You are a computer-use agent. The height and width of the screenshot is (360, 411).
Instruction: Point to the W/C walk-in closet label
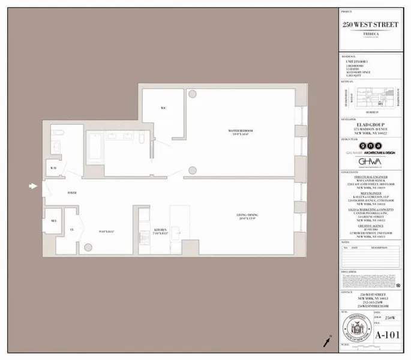pyautogui.click(x=163, y=108)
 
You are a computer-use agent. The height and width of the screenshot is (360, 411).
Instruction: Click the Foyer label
pyautogui.click(x=72, y=193)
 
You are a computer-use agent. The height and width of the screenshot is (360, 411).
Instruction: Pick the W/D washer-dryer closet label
pyautogui.click(x=53, y=168)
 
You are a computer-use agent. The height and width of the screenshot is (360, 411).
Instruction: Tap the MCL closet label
pyautogui.click(x=53, y=220)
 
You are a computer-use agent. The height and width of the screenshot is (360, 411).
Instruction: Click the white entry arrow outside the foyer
pyautogui.click(x=33, y=187)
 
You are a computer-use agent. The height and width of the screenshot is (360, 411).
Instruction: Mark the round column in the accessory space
pyautogui.click(x=88, y=247)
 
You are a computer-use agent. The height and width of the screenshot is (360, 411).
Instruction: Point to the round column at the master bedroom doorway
pyautogui.click(x=192, y=170)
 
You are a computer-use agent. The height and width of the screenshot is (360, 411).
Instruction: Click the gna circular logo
pyautogui.click(x=362, y=146)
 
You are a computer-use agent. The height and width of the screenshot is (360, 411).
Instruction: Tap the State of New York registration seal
pyautogui.click(x=355, y=330)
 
